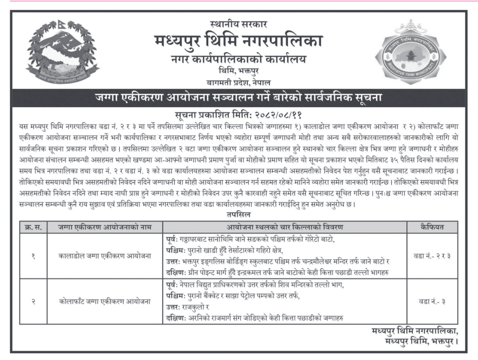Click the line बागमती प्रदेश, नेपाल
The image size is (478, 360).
[x=239, y=81]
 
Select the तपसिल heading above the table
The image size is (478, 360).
[x=239, y=215]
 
